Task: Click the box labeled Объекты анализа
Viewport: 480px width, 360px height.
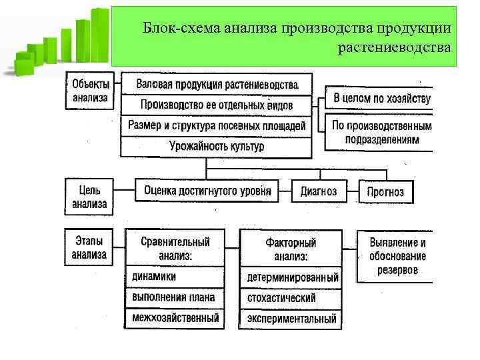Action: [91, 92]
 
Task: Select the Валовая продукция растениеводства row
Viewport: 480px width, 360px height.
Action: [216, 85]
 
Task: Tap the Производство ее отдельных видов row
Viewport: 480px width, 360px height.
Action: [216, 105]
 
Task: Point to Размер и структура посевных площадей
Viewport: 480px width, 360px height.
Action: [216, 125]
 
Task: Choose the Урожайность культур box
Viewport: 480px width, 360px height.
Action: [216, 146]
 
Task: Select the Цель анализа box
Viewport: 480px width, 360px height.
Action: [89, 197]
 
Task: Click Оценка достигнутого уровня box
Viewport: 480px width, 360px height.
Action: [207, 191]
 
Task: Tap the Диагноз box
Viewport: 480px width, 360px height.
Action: [319, 191]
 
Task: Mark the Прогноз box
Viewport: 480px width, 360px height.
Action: [385, 192]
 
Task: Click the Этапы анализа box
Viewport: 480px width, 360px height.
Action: [89, 247]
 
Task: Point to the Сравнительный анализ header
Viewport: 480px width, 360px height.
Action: [175, 248]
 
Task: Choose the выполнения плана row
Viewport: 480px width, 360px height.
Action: [175, 297]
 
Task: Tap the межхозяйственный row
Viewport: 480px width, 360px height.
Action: [175, 318]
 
